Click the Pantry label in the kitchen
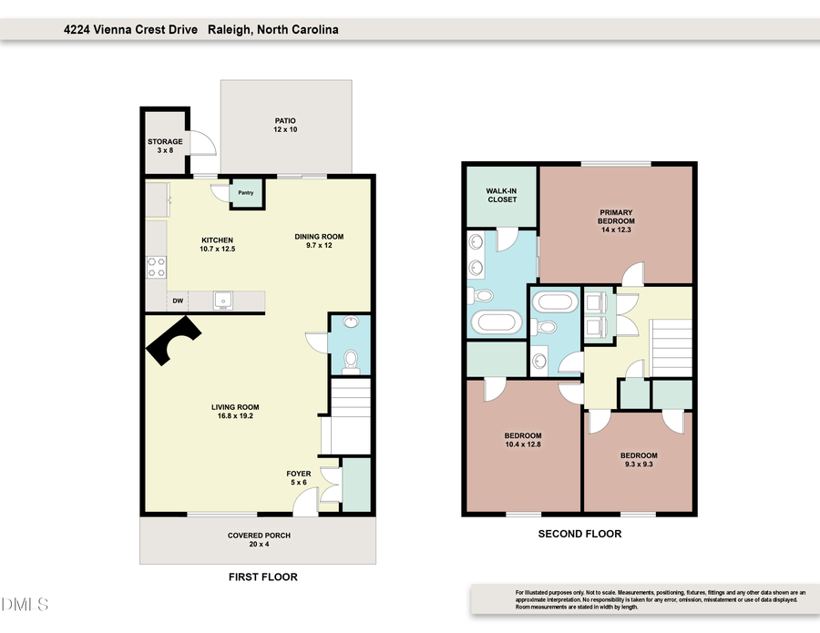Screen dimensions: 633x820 246,193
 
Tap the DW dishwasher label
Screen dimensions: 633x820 179,301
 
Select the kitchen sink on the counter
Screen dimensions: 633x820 220,301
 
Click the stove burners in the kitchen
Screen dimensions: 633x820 157,266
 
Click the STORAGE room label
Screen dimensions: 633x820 165,142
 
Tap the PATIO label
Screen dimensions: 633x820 286,120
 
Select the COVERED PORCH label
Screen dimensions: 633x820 259,536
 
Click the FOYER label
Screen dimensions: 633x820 298,474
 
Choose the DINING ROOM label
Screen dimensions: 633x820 319,237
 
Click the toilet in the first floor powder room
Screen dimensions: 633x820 348,362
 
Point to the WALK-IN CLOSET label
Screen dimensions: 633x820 501,194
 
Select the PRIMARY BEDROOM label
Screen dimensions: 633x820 615,217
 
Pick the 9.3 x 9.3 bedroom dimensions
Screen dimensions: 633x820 639,465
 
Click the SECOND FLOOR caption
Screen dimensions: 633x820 579,534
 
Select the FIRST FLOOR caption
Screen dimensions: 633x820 262,577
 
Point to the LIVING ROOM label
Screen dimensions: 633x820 236,407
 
